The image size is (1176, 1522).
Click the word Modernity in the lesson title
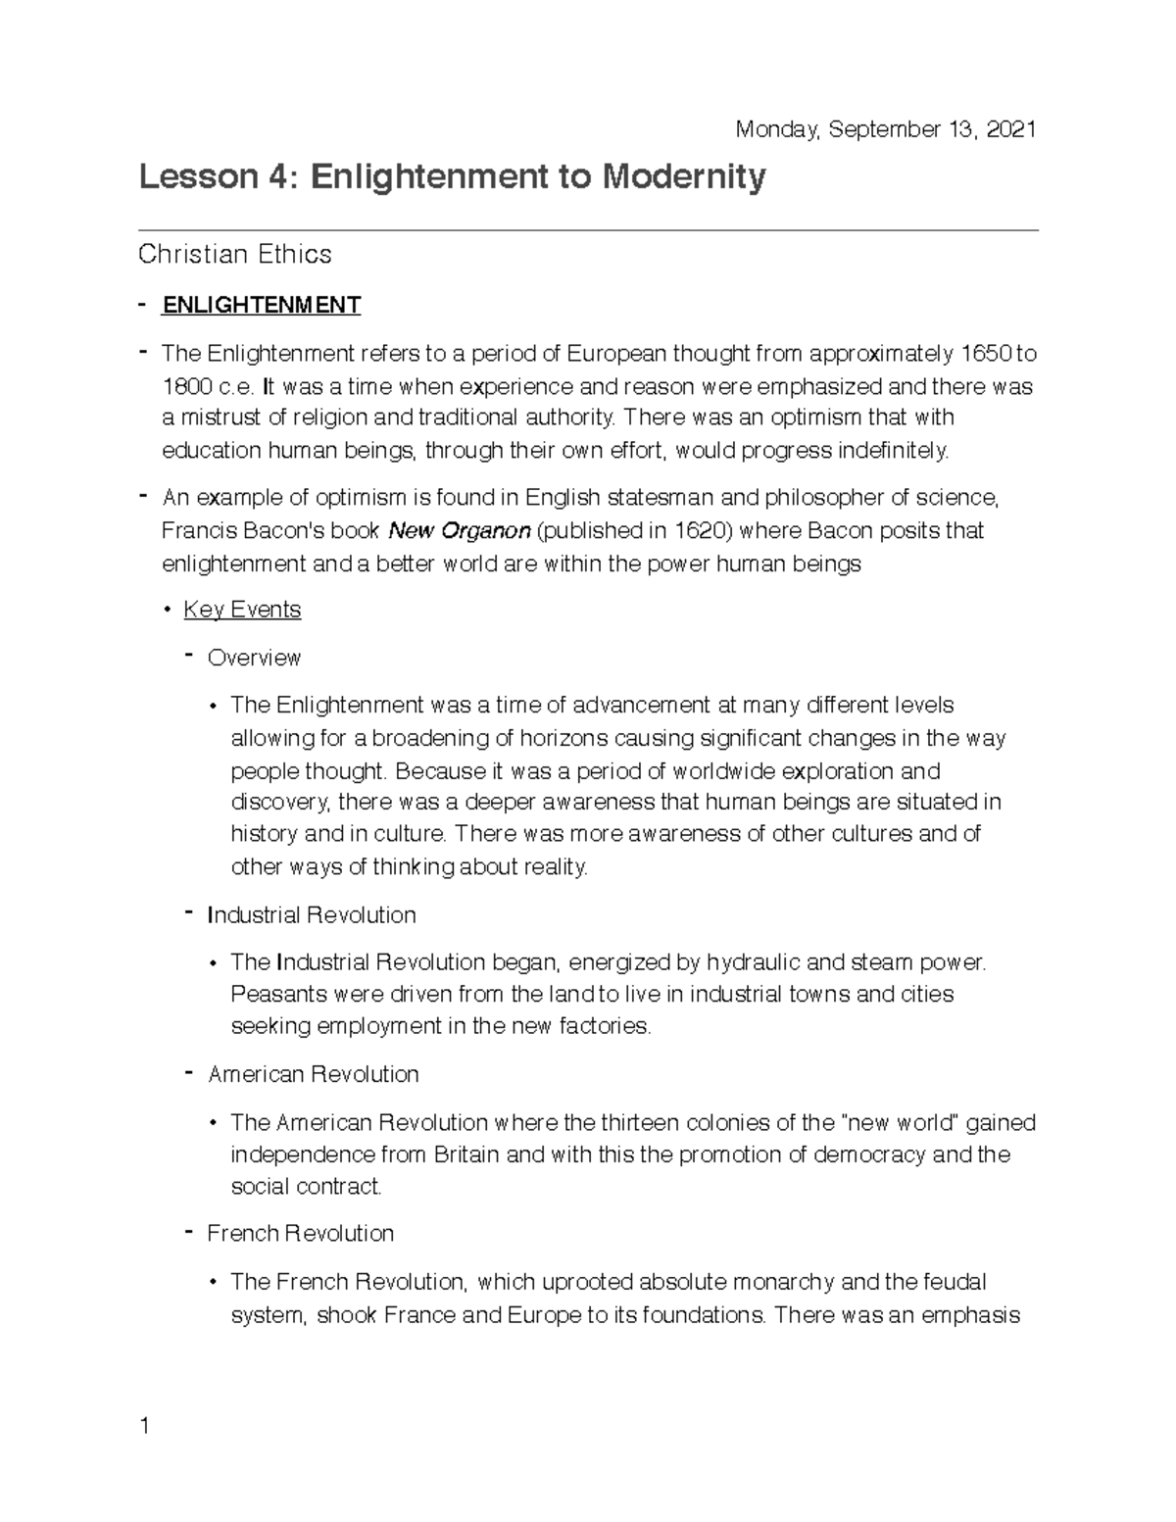[683, 177]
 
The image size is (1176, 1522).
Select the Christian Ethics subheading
[235, 255]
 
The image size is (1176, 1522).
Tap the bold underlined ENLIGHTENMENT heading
[261, 305]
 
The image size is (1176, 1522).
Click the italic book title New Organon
[460, 531]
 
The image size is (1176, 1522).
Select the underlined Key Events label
[242, 610]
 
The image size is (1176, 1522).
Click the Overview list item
[254, 658]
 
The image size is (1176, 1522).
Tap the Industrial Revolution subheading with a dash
[312, 915]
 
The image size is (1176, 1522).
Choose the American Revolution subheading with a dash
[313, 1075]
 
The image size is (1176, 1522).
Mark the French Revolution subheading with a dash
[300, 1234]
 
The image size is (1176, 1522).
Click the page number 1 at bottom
[144, 1426]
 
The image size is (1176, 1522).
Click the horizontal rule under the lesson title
[588, 231]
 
